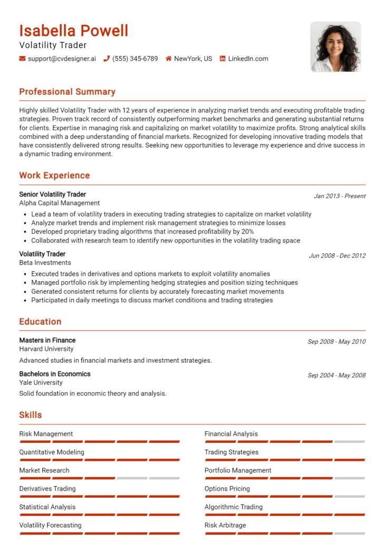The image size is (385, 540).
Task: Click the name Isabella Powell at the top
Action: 74,31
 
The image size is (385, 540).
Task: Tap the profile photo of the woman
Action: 335,47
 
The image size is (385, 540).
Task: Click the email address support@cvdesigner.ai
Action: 62,59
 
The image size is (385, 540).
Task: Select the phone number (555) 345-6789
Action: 135,59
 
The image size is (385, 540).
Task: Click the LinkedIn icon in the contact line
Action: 223,59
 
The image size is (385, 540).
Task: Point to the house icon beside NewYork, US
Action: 169,59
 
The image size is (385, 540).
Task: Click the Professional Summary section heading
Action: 67,92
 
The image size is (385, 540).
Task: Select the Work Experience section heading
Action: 54,176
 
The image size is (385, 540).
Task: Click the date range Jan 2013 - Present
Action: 340,196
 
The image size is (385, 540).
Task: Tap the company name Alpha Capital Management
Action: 60,203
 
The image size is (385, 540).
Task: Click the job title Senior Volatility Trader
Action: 53,195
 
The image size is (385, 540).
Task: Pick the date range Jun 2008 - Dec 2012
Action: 337,256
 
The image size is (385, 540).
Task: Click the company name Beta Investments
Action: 45,263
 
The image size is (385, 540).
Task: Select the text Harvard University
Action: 46,349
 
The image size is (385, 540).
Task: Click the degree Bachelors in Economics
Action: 55,374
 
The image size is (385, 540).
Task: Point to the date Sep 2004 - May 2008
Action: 336,375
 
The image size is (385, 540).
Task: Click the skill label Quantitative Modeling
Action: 52,452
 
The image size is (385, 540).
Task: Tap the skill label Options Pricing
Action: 227,489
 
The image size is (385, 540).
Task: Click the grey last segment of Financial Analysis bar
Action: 349,441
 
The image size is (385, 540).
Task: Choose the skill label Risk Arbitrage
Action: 225,525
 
